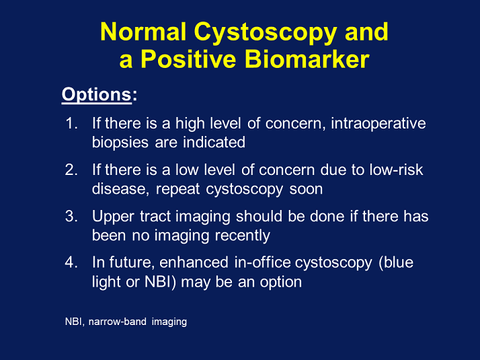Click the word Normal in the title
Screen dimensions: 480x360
[x=143, y=32]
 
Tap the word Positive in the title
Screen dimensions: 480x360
[x=188, y=59]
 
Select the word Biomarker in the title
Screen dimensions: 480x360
[x=307, y=59]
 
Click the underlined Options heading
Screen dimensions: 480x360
[x=96, y=94]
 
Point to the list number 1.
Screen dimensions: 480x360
[x=72, y=123]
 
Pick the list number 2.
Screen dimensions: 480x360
[x=71, y=170]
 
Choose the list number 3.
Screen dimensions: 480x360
[x=71, y=216]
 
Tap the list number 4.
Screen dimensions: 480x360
[x=71, y=262]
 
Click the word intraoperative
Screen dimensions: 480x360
[x=378, y=123]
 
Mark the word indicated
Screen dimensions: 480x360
[x=214, y=143]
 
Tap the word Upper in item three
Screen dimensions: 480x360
[x=113, y=217]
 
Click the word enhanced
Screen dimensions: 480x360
[x=194, y=262]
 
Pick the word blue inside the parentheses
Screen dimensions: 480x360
[x=399, y=262]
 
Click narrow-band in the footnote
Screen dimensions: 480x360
[x=117, y=322]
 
